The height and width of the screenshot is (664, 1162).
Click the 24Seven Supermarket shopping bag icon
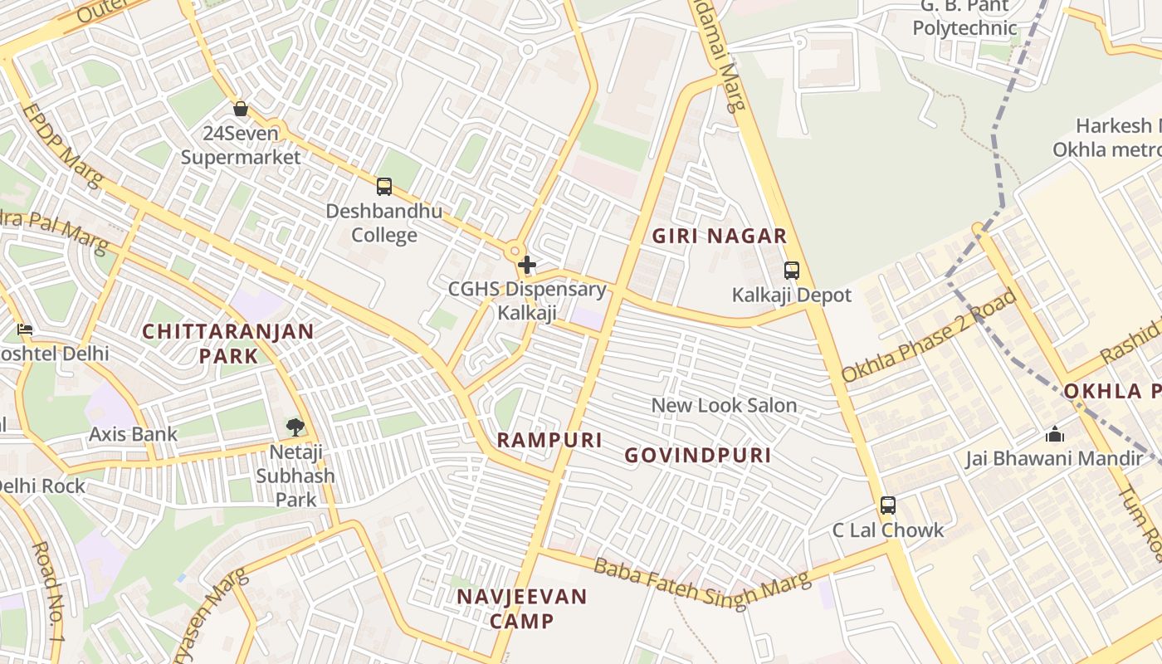point(241,109)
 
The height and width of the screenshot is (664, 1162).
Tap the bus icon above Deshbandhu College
point(383,187)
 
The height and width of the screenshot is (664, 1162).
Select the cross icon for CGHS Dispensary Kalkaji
point(526,266)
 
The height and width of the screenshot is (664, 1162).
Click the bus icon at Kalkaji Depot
point(791,271)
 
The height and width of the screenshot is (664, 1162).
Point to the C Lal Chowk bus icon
point(887,505)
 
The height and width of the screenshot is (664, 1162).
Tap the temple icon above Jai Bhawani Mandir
point(1054,434)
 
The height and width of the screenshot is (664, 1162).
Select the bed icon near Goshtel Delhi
point(25,330)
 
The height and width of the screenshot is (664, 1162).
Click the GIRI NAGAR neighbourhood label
point(719,236)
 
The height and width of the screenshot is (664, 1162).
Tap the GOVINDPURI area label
point(697,455)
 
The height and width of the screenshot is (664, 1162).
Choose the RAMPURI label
point(549,440)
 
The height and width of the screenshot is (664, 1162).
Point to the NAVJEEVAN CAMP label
point(521,608)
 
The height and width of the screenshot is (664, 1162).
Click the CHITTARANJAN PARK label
point(228,344)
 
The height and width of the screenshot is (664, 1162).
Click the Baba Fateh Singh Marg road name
point(702,583)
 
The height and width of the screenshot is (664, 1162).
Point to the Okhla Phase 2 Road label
point(930,335)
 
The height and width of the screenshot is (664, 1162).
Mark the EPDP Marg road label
point(61,144)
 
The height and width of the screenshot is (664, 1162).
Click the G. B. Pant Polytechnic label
point(964,18)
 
